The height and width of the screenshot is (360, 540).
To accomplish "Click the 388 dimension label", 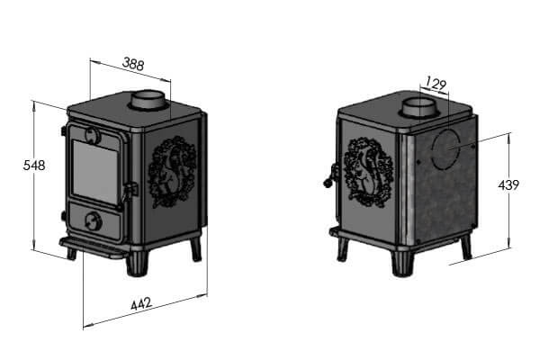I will [x=133, y=64].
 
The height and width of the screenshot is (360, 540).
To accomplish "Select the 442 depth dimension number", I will [x=140, y=304].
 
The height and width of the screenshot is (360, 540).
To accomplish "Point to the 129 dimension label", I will [x=435, y=85].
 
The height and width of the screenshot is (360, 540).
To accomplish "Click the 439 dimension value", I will [x=508, y=185].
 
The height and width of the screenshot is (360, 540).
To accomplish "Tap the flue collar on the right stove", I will [x=417, y=110].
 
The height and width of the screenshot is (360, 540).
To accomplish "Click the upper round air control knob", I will [x=92, y=135].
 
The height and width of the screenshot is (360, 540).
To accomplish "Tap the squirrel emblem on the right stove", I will [x=365, y=171].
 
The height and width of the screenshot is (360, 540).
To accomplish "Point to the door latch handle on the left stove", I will [x=130, y=190].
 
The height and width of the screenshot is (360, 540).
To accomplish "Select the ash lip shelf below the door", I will [x=94, y=247].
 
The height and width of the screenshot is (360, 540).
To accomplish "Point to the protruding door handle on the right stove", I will [x=328, y=176].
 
